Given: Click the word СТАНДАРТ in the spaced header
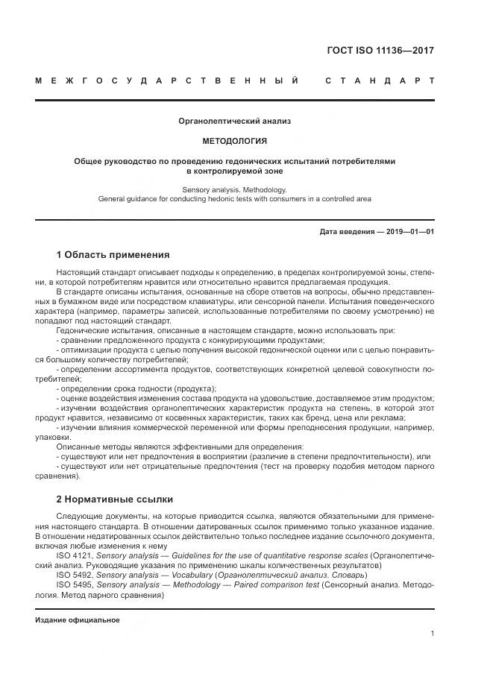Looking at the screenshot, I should coord(380,80).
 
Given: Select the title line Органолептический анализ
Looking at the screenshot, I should coord(235,120).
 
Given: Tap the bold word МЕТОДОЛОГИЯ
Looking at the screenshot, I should coord(235,140).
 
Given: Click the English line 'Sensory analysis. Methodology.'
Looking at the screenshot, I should coord(235,190).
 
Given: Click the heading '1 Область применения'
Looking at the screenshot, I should coord(113,255).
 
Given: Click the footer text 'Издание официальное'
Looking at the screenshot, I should coord(77,620).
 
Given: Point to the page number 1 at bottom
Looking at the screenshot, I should coord(432,634).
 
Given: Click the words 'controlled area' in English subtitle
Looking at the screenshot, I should coord(346,199).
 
